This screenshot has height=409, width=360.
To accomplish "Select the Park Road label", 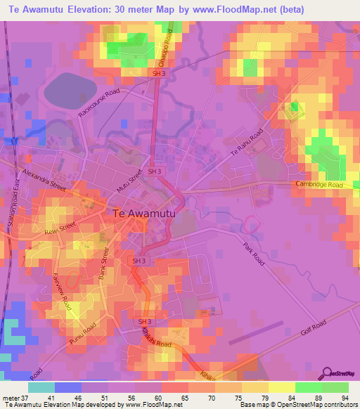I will [253, 254].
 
